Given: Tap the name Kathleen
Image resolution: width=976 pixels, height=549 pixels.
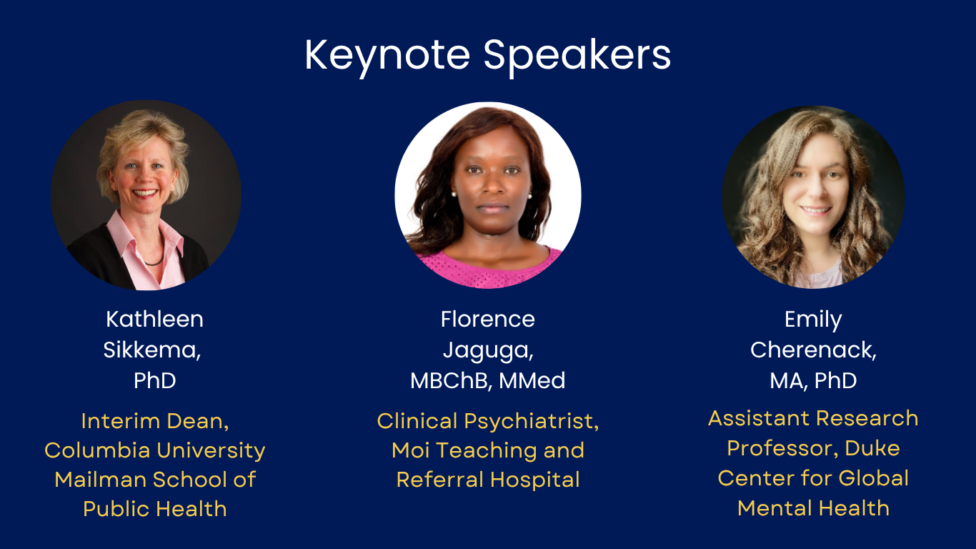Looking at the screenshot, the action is point(154,320).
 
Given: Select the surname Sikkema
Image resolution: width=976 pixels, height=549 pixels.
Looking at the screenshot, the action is point(151,350).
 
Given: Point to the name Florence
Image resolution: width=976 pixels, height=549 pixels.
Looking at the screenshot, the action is point(487,320).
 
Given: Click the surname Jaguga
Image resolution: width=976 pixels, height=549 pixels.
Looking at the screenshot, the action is point(487,351).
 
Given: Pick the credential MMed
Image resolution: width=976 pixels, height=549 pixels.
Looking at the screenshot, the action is point(532,380).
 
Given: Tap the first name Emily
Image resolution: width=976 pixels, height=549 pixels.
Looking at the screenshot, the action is point(813,320).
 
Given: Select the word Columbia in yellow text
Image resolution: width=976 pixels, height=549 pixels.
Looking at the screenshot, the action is point(97,450).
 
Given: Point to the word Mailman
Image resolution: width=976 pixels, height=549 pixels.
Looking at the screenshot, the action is point(100,479).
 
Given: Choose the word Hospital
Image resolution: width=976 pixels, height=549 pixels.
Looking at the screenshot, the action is point(534,480).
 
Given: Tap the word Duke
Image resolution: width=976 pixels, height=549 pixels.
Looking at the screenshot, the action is point(872,448).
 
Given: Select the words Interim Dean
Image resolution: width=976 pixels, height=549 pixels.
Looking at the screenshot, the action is point(154,421).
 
